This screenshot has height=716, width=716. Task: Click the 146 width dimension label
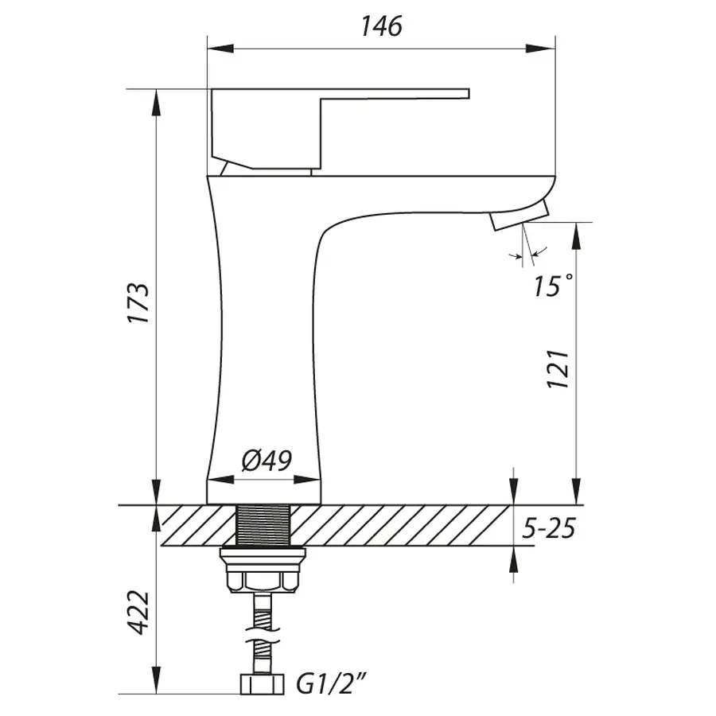tap(382, 26)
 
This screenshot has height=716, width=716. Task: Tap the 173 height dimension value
tap(138, 303)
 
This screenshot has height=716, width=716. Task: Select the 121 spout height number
tap(558, 369)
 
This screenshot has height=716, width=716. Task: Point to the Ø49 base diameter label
tap(267, 461)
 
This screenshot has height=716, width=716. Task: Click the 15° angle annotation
tap(553, 286)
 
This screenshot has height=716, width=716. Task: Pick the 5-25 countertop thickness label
tap(549, 528)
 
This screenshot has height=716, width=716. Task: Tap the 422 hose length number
tap(138, 613)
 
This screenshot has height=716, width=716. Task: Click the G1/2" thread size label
tap(331, 684)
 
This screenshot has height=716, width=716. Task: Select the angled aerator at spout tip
tap(519, 216)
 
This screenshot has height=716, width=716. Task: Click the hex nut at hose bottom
tap(262, 684)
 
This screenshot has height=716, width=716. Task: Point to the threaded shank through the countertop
tap(263, 525)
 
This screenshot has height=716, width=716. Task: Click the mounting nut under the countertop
tap(263, 570)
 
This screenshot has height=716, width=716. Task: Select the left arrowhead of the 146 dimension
tap(220, 49)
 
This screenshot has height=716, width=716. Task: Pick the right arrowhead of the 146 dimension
tap(542, 49)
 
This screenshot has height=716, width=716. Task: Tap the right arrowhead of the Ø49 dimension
tap(307, 480)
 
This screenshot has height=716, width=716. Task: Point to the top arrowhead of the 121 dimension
tap(577, 236)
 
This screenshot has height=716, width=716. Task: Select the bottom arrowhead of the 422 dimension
tap(156, 680)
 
